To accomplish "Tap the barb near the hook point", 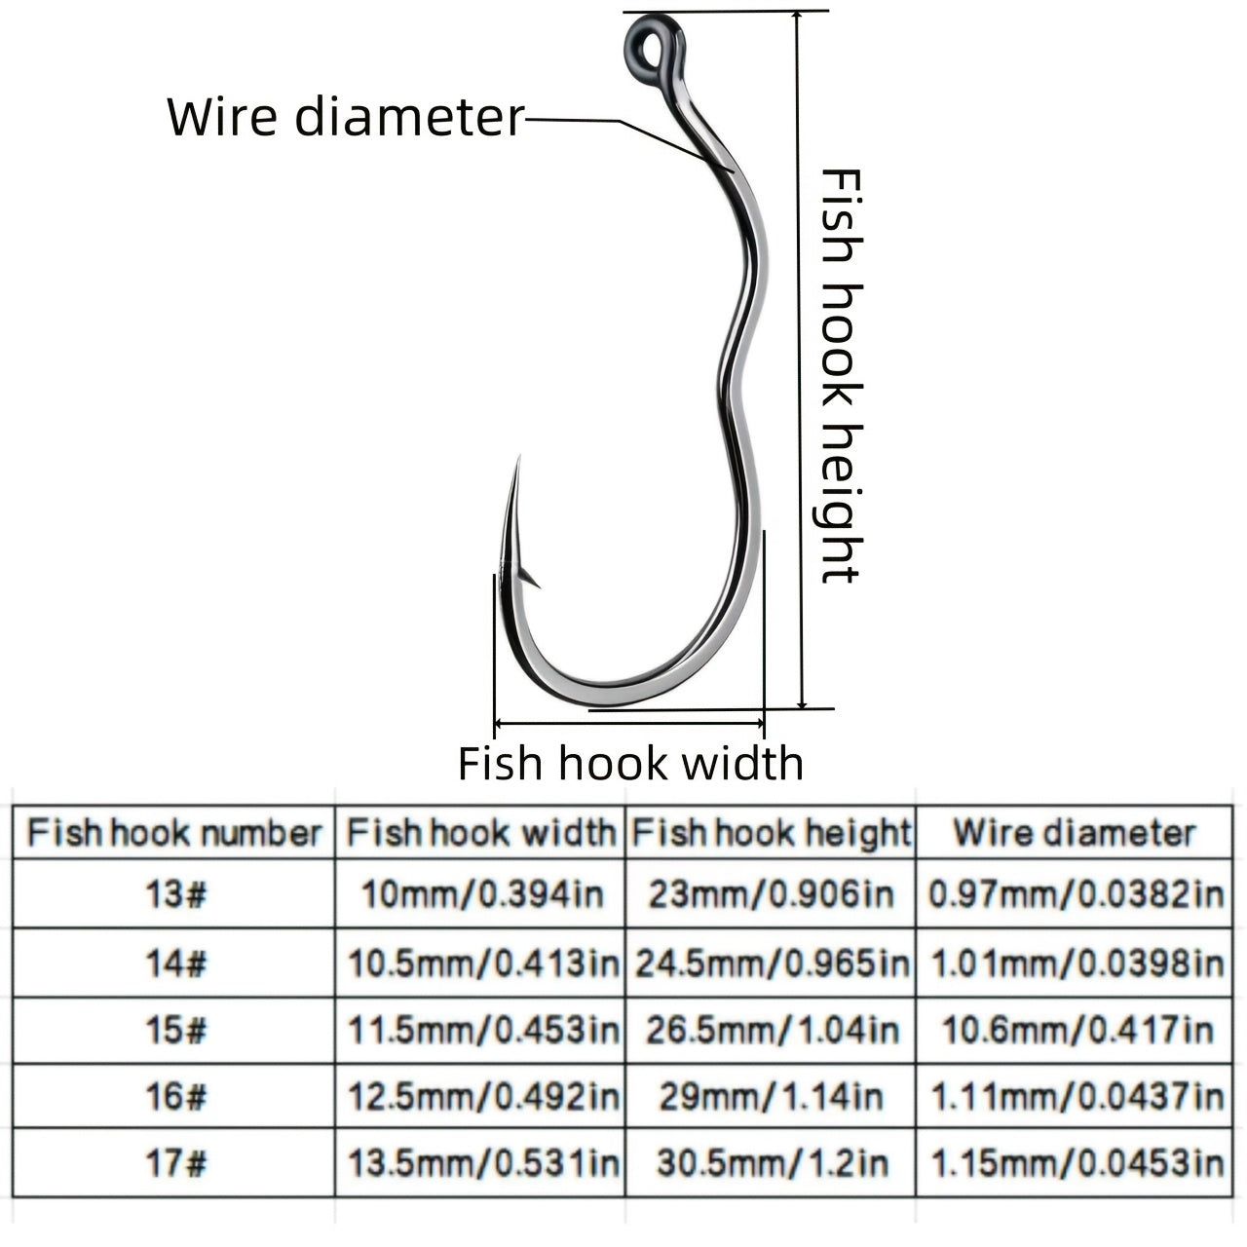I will pos(529,579).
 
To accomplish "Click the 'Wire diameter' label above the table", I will pos(346,117).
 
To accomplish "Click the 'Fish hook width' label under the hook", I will pos(630,763).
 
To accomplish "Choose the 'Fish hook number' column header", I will pos(173,834).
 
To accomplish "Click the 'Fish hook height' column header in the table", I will pos(771,834).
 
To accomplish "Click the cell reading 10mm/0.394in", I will pos(481,894).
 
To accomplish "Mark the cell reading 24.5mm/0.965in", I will pos(771,964).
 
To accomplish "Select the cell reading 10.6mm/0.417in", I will pos(1077,1030).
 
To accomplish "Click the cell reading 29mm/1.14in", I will pos(771,1097).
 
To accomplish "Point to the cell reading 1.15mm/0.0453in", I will pos(1077,1162).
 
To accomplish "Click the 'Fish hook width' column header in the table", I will pos(481,834).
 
